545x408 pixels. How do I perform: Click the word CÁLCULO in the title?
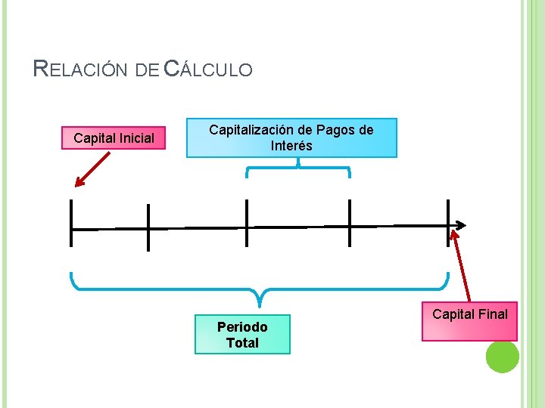point(208,70)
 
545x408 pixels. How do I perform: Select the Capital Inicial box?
point(114,138)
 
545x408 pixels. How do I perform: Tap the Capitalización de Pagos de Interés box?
point(291,138)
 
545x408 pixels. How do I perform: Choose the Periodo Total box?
point(242,335)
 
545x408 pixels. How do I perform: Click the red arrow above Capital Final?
point(461,264)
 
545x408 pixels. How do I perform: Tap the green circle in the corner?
point(502,356)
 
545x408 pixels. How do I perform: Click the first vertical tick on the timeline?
point(70,223)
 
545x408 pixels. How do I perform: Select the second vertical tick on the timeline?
point(148,227)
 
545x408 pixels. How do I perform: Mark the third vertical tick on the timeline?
point(247,223)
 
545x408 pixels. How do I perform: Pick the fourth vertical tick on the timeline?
point(350,223)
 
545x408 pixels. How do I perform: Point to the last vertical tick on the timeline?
point(448,223)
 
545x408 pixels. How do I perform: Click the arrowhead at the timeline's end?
point(461,225)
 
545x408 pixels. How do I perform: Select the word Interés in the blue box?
point(291,146)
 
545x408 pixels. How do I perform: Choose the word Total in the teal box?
point(242,343)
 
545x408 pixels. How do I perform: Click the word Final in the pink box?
point(491,314)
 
